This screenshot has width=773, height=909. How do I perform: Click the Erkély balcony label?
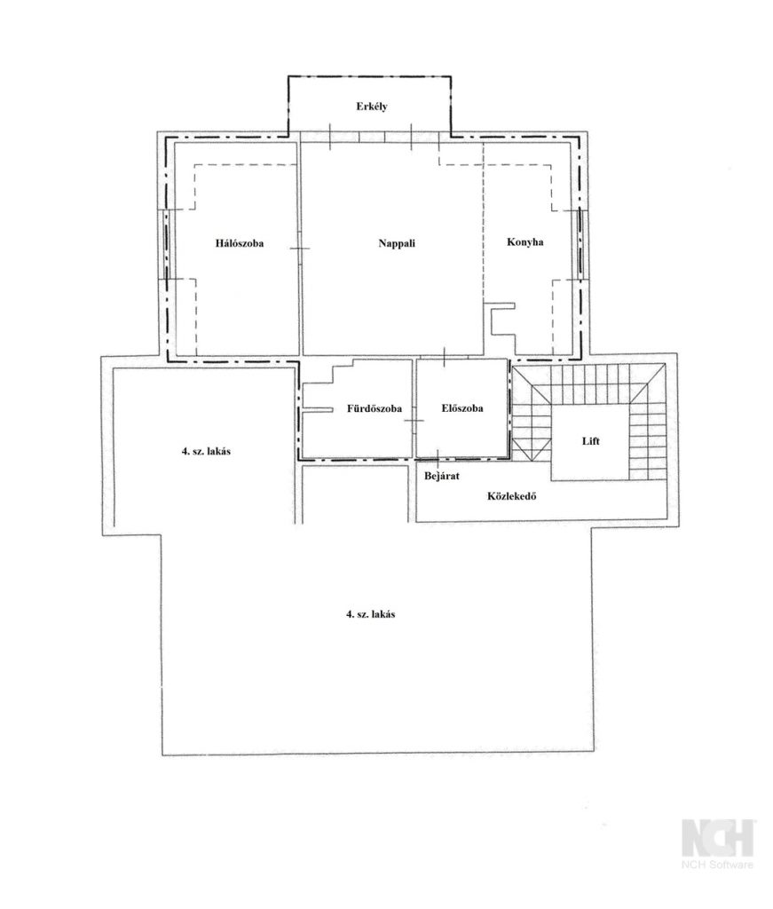coord(372,107)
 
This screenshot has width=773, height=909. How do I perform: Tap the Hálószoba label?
coord(240,243)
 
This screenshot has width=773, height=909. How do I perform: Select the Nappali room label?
coord(397,243)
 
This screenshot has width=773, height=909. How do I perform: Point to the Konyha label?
coord(525,241)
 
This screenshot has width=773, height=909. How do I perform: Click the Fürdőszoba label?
coord(375,408)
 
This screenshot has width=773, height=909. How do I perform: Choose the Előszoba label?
coord(461,408)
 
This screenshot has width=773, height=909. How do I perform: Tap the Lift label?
coord(590,441)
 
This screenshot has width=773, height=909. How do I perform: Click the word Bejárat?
coord(442,476)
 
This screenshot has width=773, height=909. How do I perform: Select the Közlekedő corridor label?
coord(512,496)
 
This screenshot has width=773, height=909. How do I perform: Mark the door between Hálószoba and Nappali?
coord(300,249)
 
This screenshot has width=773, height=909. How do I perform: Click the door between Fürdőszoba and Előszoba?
coord(414,420)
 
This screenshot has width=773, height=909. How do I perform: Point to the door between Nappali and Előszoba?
coord(445,357)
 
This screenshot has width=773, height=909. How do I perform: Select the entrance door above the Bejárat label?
coord(438,458)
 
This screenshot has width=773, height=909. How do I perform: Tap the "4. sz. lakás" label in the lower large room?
coord(371,614)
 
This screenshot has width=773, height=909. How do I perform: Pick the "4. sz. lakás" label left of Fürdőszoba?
coord(206,450)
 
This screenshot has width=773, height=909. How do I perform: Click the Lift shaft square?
coord(589,442)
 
